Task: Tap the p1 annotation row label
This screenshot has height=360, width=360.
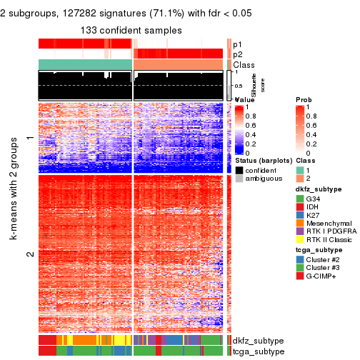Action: point(239,44)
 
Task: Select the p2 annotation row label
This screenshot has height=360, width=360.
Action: point(239,54)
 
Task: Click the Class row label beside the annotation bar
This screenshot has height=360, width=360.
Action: point(244,65)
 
